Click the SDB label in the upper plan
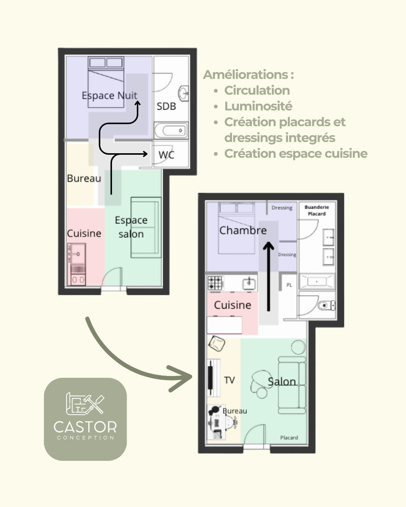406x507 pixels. (166, 106)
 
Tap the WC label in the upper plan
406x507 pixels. (166, 155)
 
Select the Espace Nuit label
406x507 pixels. (109, 95)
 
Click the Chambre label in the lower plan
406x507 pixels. (243, 230)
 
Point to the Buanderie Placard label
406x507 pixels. (317, 210)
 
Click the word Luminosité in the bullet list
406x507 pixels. (258, 106)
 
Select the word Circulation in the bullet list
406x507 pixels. (257, 91)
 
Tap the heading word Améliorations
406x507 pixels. (245, 75)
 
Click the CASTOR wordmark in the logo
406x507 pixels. (85, 427)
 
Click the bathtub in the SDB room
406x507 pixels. (171, 130)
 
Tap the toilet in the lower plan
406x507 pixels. (326, 306)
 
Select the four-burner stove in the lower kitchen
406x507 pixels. (216, 283)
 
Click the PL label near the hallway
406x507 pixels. (289, 285)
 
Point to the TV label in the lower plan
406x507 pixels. (229, 380)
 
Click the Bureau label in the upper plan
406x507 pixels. (84, 178)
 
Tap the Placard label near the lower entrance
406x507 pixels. (289, 438)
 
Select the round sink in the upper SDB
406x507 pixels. (183, 93)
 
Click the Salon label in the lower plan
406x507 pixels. (282, 382)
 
